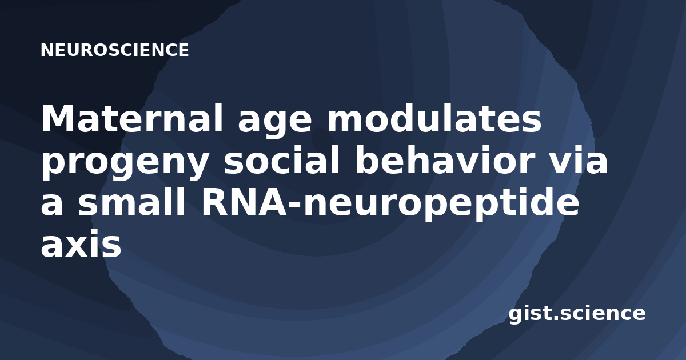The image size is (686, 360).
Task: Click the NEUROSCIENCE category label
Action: (114, 50)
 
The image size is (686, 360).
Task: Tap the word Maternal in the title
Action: (132, 118)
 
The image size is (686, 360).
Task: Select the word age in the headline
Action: (275, 122)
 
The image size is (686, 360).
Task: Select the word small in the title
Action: (131, 200)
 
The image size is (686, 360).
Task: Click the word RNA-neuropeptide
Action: (390, 204)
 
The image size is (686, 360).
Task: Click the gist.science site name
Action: (577, 314)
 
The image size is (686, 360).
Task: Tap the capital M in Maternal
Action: (61, 118)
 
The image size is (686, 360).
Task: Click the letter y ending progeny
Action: (196, 167)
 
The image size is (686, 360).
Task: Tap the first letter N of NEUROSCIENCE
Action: (47, 50)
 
